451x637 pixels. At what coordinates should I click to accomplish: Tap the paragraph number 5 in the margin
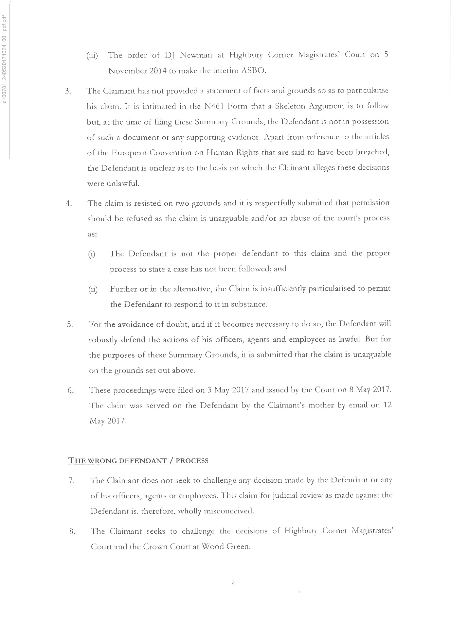(69, 325)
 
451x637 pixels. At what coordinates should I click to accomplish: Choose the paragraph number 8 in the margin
(72, 531)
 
